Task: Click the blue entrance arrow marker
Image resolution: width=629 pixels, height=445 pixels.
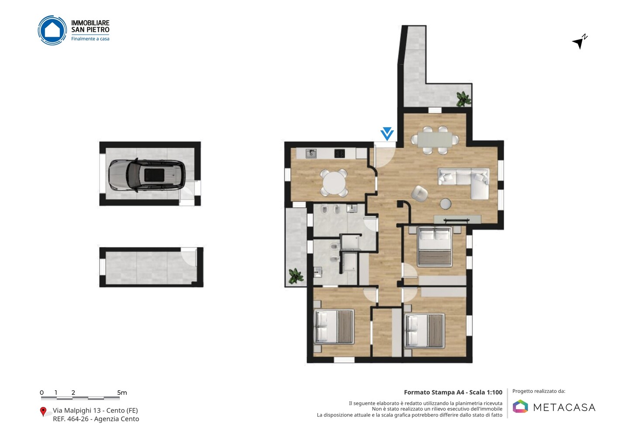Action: (x=387, y=134)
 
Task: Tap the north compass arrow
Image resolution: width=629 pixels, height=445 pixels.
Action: (x=579, y=42)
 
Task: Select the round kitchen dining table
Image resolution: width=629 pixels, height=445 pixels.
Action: (x=334, y=183)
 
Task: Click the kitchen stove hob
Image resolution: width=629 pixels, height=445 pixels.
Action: (x=339, y=153)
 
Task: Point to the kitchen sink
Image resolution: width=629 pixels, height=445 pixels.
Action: (x=311, y=154)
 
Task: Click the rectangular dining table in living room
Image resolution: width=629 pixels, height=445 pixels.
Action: (x=435, y=139)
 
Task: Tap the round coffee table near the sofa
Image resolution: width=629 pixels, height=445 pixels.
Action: (x=446, y=204)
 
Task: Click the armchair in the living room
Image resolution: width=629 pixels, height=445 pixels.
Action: (x=419, y=194)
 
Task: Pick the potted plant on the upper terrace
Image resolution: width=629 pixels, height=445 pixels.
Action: (x=463, y=99)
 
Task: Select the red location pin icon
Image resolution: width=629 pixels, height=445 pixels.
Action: (x=43, y=412)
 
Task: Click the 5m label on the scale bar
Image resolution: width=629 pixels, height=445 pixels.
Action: (x=122, y=393)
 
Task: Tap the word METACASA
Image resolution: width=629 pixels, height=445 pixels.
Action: (x=564, y=407)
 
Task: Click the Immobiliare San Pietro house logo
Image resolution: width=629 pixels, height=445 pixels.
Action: (x=52, y=30)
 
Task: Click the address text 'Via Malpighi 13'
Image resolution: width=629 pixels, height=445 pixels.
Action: (x=77, y=410)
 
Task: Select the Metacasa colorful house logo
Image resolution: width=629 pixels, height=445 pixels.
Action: (x=520, y=406)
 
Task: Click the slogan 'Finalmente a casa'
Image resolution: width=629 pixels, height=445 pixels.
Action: (x=90, y=39)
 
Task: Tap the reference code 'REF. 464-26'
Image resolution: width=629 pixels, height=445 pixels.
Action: (x=71, y=419)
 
